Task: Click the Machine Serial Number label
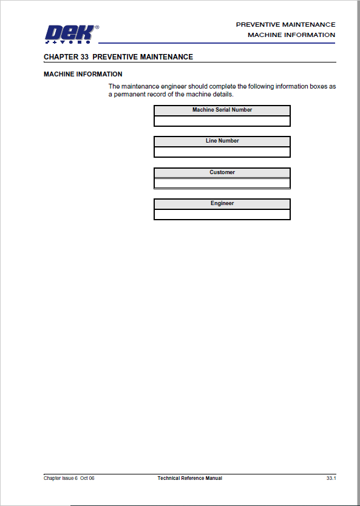pyautogui.click(x=222, y=110)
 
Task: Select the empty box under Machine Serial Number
pyautogui.click(x=222, y=121)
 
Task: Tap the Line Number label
pyautogui.click(x=222, y=141)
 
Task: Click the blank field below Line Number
pyautogui.click(x=222, y=152)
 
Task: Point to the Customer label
pyautogui.click(x=222, y=172)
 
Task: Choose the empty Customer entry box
pyautogui.click(x=222, y=183)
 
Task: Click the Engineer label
pyautogui.click(x=222, y=203)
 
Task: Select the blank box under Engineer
pyautogui.click(x=222, y=214)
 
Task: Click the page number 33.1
pyautogui.click(x=331, y=478)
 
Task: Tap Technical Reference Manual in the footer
pyautogui.click(x=190, y=478)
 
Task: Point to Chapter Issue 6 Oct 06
pyautogui.click(x=69, y=478)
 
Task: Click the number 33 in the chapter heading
pyautogui.click(x=84, y=57)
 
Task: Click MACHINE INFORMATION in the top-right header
pyautogui.click(x=291, y=35)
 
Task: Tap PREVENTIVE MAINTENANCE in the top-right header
pyautogui.click(x=285, y=25)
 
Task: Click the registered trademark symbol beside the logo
pyautogui.click(x=97, y=27)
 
